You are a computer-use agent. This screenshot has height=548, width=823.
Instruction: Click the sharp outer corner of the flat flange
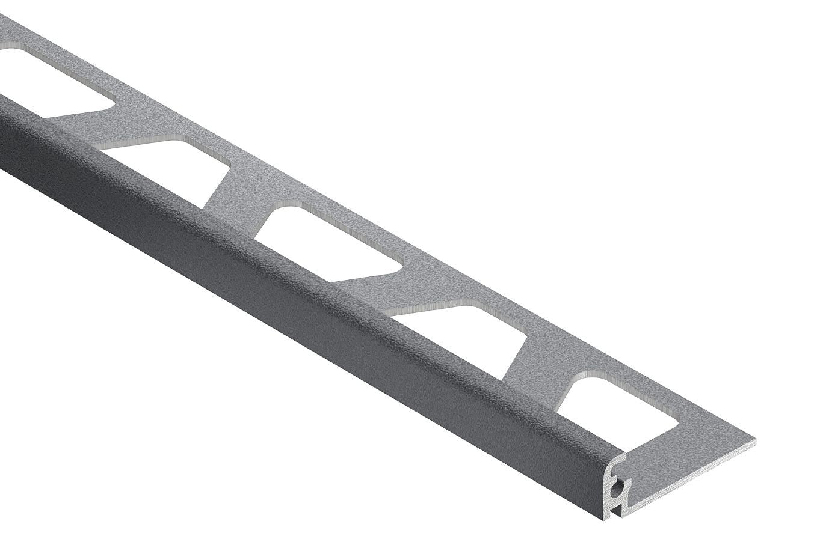(755, 441)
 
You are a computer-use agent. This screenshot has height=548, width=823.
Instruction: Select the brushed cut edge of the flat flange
(692, 475)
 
